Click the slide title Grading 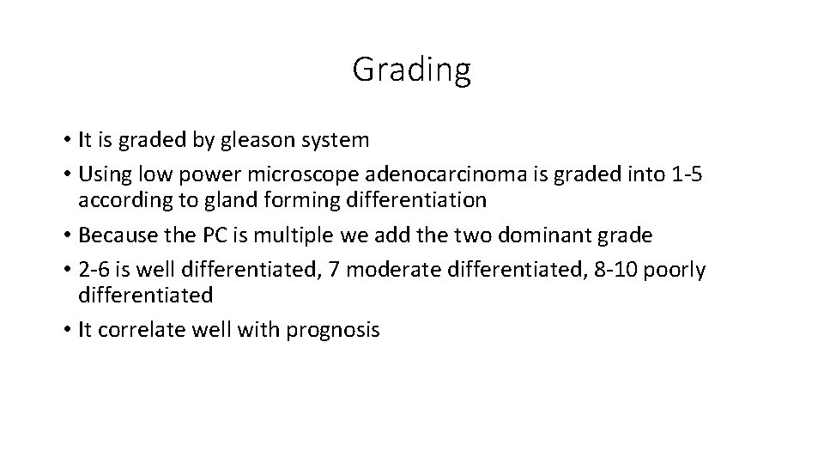coord(411,70)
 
